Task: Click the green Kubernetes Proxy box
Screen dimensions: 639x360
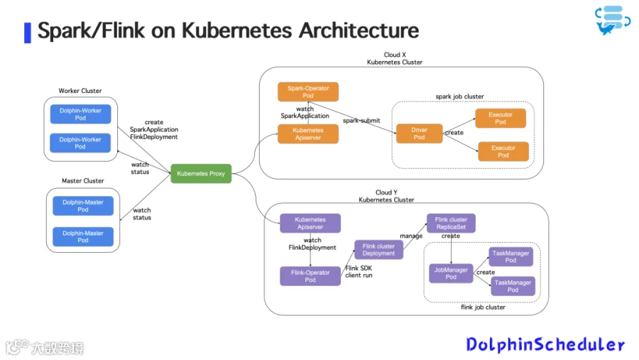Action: [201, 173]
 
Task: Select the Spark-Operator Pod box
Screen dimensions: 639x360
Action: [308, 92]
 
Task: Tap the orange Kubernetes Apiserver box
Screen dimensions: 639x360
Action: [308, 133]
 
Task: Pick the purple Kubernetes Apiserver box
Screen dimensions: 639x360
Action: [310, 223]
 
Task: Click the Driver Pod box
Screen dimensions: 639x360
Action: [420, 133]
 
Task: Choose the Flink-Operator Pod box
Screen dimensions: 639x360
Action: [310, 276]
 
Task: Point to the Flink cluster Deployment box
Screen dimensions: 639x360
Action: [378, 249]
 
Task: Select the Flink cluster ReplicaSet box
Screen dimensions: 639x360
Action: [451, 223]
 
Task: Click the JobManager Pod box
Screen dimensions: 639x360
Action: [451, 273]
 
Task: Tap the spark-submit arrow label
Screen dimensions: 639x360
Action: [361, 121]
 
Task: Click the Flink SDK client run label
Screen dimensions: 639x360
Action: [359, 271]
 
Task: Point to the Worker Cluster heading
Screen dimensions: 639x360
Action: [80, 90]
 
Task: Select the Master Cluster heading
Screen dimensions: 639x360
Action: [83, 180]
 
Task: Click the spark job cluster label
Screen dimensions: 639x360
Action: [459, 97]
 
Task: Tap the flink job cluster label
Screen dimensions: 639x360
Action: [483, 307]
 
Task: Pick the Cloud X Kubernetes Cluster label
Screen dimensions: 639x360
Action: [395, 58]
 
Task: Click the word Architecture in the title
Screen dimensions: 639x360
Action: [359, 31]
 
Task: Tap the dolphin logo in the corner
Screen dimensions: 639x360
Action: [613, 21]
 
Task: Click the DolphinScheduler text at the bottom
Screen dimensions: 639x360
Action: [545, 344]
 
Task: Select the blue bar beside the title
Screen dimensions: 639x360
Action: [28, 33]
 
